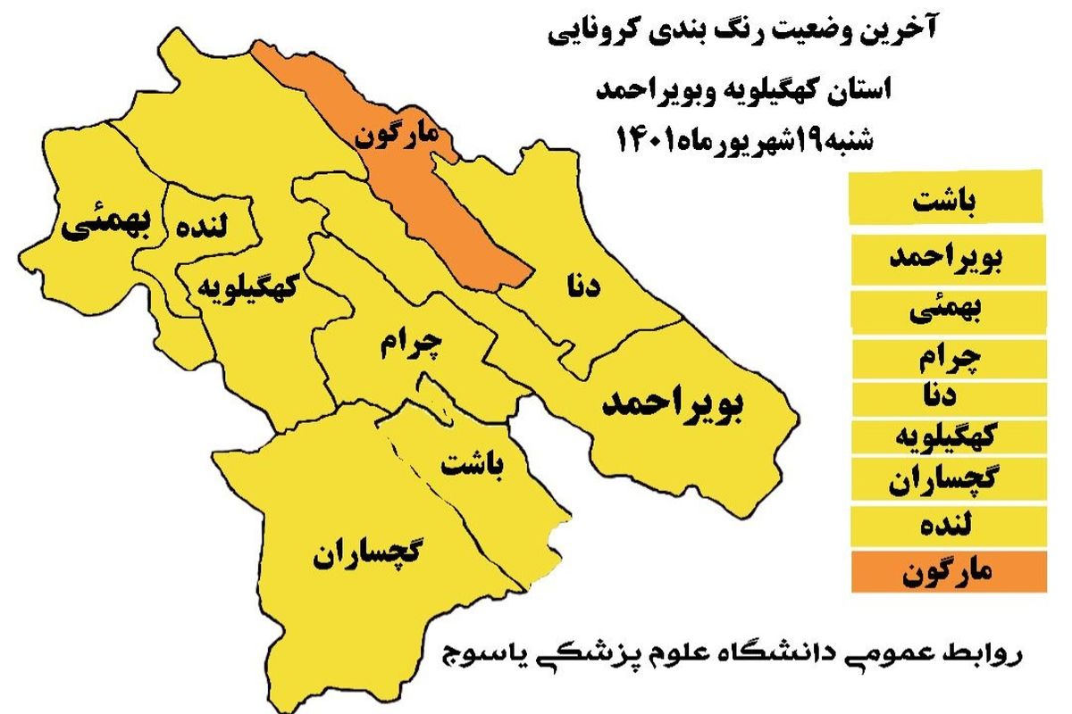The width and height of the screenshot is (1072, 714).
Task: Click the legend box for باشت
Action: click(x=945, y=199)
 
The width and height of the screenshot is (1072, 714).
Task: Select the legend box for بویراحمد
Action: click(x=945, y=259)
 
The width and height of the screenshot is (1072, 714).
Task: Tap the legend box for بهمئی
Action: click(x=945, y=310)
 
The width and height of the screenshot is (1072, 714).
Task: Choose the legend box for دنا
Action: click(x=945, y=395)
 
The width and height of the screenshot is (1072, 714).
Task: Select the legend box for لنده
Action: click(x=945, y=526)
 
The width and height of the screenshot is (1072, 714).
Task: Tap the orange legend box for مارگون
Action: click(x=945, y=572)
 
